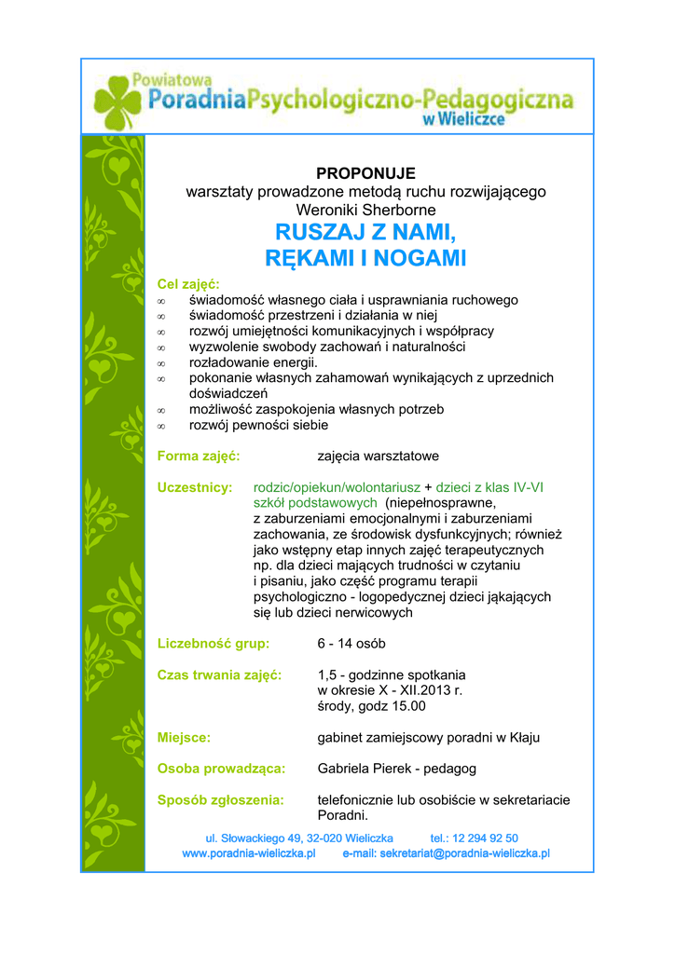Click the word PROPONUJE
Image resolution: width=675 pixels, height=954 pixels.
tap(365, 173)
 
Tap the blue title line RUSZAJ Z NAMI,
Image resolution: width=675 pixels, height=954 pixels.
tap(365, 230)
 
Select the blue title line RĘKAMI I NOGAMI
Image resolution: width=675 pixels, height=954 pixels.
tap(365, 258)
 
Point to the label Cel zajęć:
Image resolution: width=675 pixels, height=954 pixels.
tap(188, 284)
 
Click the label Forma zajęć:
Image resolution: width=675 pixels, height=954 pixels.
tap(199, 456)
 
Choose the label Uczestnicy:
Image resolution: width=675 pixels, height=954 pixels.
tap(194, 487)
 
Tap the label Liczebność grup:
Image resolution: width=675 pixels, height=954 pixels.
tap(214, 643)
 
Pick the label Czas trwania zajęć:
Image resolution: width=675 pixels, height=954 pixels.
tap(219, 675)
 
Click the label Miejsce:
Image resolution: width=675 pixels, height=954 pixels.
tap(184, 737)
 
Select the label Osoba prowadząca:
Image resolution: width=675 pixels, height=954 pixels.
tap(221, 769)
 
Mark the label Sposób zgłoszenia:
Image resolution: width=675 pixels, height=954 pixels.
tap(220, 799)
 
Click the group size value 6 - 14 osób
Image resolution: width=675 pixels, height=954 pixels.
tap(351, 643)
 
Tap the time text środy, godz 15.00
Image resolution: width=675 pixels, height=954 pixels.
tap(371, 706)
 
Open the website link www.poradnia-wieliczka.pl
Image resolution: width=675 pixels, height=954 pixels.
tap(249, 852)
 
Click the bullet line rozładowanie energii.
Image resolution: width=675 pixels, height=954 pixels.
tap(254, 362)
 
